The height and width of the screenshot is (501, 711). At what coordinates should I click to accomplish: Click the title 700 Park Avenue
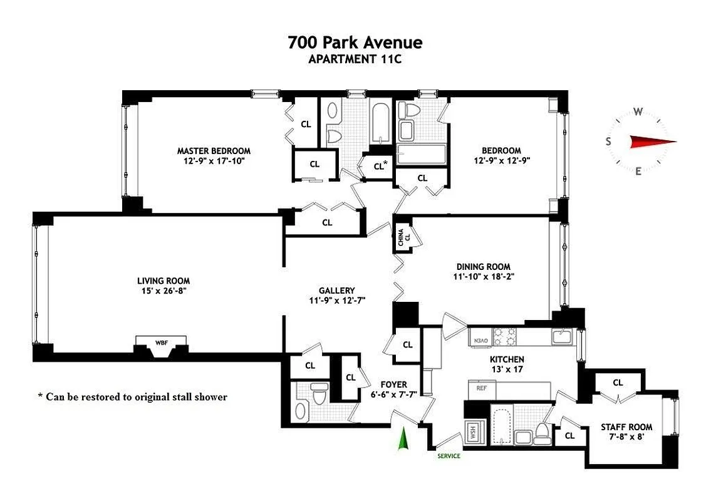[355, 43]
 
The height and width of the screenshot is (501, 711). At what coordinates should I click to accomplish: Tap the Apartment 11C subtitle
[355, 59]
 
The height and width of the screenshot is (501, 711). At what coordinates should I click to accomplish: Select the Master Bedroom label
[214, 151]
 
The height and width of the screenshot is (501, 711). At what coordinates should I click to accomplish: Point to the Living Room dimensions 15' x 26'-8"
[163, 291]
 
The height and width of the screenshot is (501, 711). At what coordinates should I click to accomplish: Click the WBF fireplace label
[162, 343]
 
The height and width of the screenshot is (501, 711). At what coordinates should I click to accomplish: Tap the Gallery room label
[336, 291]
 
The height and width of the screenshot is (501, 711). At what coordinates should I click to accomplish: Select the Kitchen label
[506, 359]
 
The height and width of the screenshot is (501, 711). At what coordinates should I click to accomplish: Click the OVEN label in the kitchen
[480, 340]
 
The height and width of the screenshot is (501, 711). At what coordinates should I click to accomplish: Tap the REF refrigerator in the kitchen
[482, 388]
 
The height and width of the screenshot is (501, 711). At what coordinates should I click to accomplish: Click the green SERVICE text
[449, 456]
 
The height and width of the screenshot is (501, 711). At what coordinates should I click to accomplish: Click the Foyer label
[394, 385]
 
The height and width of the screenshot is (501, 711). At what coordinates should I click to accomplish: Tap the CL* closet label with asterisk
[380, 167]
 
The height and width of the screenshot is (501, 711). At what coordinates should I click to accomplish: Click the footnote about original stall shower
[132, 397]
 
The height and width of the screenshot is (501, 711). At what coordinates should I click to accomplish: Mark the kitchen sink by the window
[561, 337]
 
